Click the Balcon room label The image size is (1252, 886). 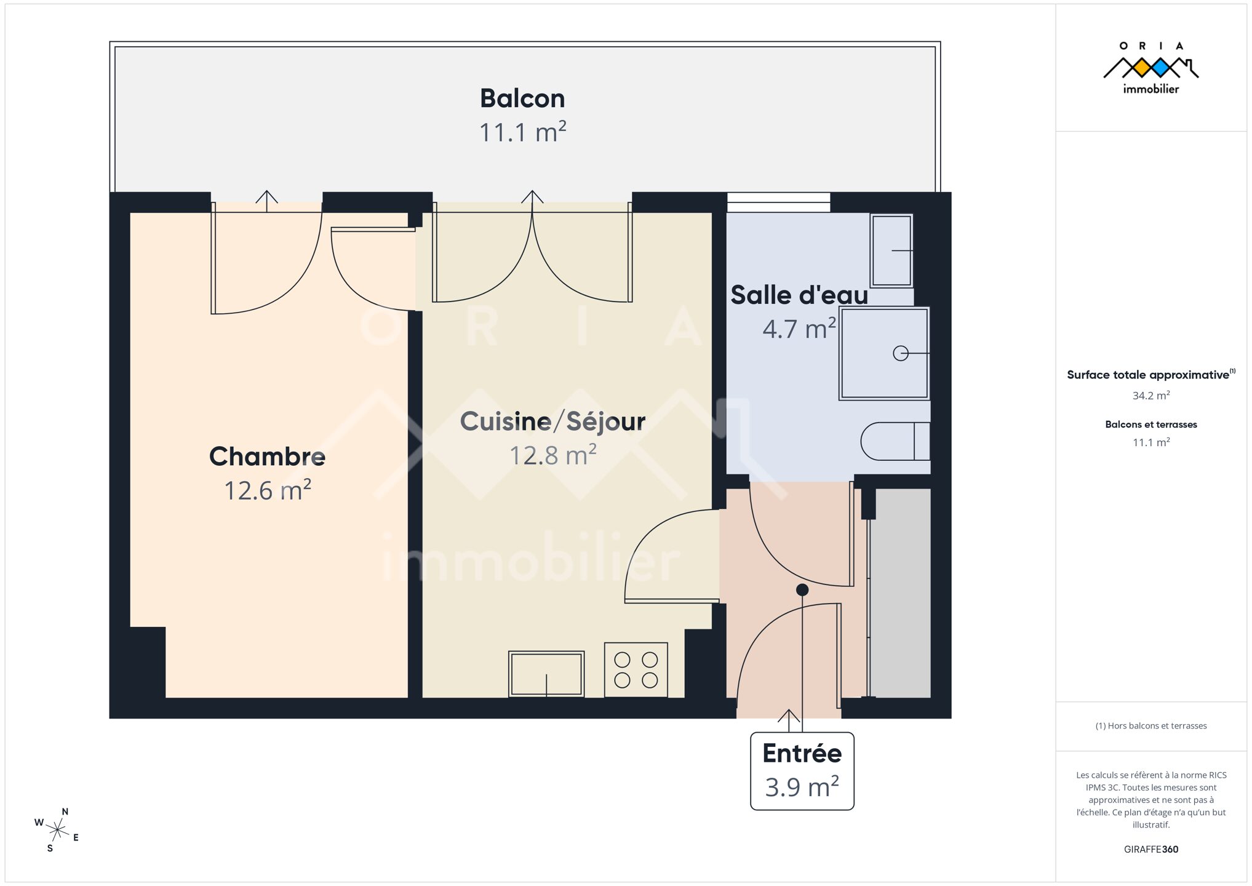522,98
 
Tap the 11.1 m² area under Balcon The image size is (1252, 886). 522,132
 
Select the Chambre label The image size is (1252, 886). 267,457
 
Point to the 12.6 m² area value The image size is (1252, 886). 267,490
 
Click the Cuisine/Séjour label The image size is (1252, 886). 552,421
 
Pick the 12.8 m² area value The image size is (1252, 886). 552,455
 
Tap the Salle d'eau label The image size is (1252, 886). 799,295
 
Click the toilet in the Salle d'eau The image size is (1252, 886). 895,441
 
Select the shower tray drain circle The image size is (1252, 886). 901,353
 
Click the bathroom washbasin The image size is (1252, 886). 891,250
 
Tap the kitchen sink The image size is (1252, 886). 546,674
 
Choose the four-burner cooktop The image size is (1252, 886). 636,670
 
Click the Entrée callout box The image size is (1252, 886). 802,771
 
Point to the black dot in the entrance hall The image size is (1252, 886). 802,590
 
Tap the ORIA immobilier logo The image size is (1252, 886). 1150,68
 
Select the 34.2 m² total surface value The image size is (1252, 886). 1151,396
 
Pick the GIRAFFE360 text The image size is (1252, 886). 1151,850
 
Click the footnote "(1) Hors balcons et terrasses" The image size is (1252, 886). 1151,726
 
